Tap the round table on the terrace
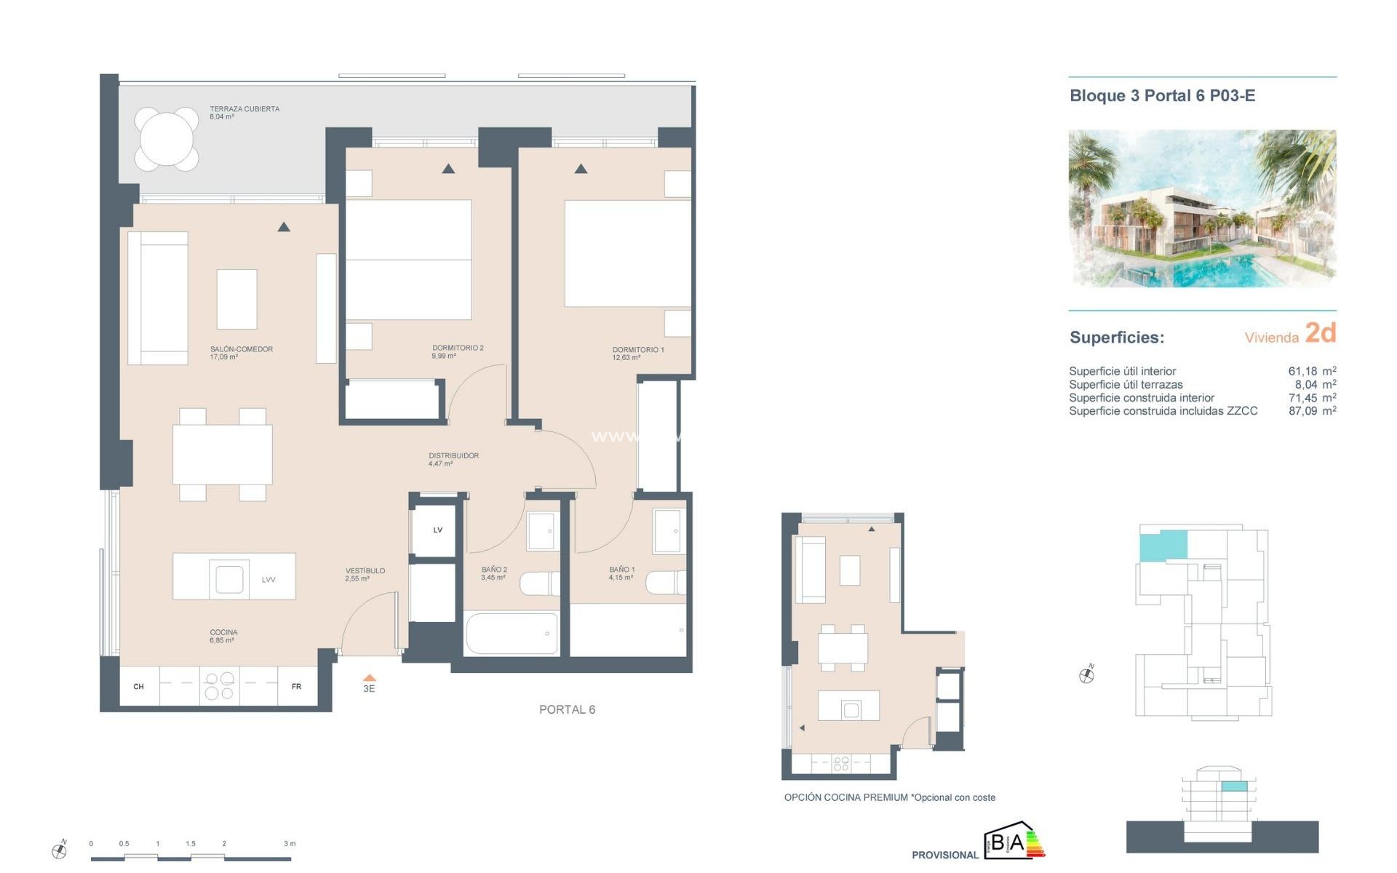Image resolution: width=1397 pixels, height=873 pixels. click(167, 139)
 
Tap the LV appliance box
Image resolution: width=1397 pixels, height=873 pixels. click(437, 530)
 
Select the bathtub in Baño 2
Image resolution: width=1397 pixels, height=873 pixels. click(511, 634)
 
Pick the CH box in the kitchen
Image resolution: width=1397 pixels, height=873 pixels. click(139, 686)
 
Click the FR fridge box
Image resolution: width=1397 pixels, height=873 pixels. click(296, 686)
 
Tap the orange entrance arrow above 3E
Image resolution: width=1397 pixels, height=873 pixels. click(369, 677)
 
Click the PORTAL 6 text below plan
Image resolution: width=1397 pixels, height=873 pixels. click(567, 709)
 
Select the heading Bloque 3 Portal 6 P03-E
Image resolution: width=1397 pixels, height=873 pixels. click(1162, 96)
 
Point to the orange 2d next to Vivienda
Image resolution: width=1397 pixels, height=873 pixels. click(1320, 333)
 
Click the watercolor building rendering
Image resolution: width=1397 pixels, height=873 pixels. click(1201, 208)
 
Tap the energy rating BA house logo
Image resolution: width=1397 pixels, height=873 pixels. click(1013, 842)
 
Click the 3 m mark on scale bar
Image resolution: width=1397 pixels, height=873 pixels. click(290, 844)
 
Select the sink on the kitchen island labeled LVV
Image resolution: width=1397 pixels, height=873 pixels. click(228, 579)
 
